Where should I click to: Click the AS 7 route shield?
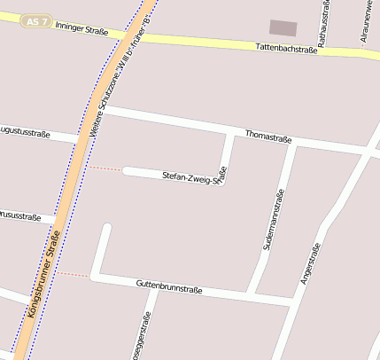pos(34,20)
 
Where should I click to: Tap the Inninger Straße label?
pos(82,29)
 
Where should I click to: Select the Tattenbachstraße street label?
pos(285,50)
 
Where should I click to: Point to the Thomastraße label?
pos(268,137)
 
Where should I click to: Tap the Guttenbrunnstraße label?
pos(169,287)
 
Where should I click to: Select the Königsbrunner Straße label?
pos(43,273)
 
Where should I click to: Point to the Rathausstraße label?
pos(325,20)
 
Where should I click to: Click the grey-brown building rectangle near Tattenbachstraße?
pos(283,27)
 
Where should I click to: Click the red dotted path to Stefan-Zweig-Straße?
pos(104,168)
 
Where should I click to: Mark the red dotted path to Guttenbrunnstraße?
pos(75,274)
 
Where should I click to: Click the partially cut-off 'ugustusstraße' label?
pos(24,132)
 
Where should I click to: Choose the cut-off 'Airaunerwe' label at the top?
pos(366,20)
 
